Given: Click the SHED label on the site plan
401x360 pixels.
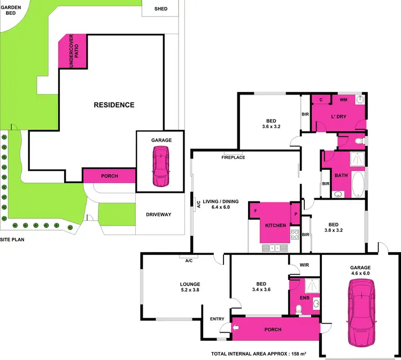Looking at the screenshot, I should (161, 9).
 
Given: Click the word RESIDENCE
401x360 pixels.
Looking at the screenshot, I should (114, 105).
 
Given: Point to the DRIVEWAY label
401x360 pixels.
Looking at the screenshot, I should (158, 215).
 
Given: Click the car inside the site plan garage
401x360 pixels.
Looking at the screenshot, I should (161, 166).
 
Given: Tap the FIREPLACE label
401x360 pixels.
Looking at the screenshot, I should (234, 158).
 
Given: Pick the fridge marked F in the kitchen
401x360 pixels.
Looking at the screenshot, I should (256, 210).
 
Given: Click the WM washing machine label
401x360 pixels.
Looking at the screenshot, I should (343, 99).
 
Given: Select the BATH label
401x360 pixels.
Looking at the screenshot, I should (341, 175).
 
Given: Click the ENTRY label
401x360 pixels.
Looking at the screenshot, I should (217, 319).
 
